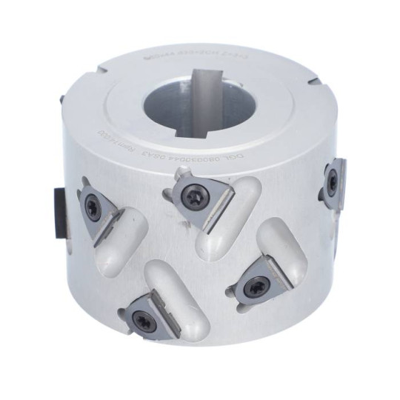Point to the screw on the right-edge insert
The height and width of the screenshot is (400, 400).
click(x=333, y=177)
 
